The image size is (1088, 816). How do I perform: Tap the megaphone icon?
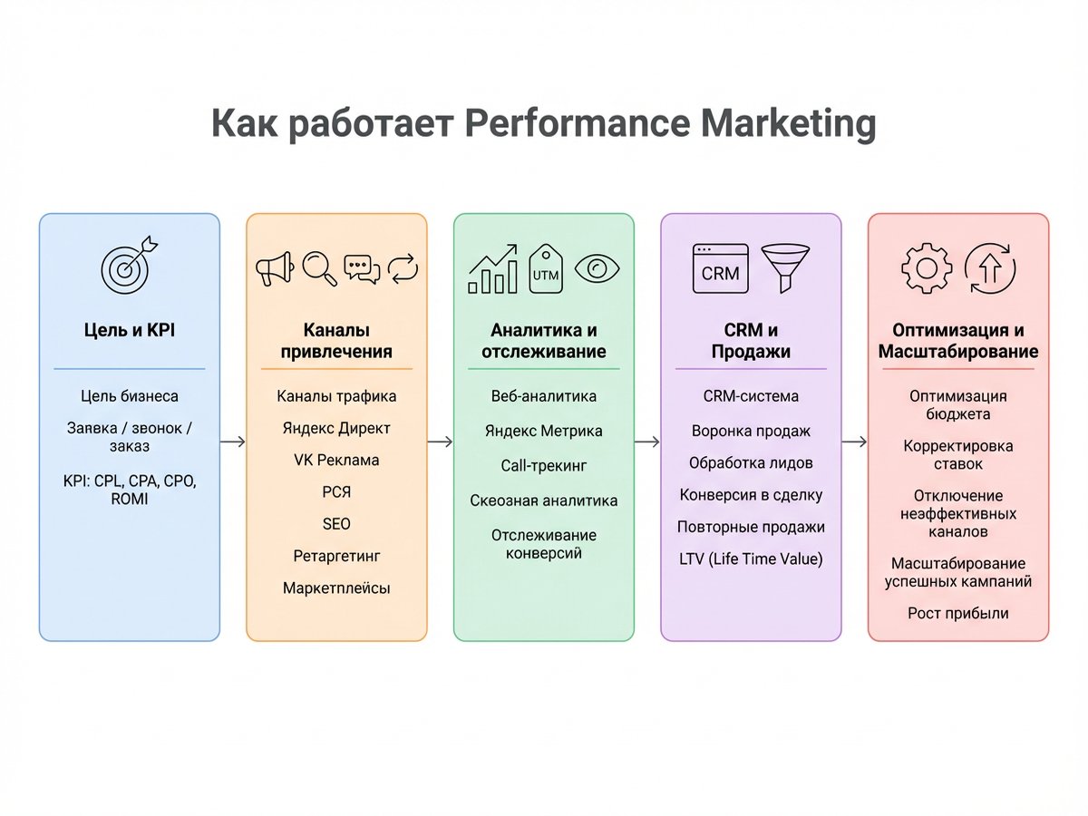275,268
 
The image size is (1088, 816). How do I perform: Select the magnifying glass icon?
319,268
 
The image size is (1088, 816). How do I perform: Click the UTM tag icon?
545,268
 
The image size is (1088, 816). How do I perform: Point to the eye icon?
597,268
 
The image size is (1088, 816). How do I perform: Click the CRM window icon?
720,268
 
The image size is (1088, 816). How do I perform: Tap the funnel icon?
785,268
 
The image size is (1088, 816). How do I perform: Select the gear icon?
927,268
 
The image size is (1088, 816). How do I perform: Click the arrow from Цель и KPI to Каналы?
232,442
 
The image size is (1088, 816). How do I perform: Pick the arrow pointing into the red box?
854,442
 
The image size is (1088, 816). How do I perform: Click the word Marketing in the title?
788,123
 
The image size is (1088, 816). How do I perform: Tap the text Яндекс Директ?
336,428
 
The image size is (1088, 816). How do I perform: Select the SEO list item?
336,524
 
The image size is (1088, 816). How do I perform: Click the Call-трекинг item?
543,466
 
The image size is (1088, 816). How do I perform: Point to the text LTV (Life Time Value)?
751,559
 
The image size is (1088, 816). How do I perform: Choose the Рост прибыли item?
957,614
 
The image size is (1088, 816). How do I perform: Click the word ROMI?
130,499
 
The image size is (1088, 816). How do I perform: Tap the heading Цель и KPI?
130,330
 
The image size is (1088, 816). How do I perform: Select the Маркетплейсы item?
336,588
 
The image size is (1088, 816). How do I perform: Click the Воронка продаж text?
751,431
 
